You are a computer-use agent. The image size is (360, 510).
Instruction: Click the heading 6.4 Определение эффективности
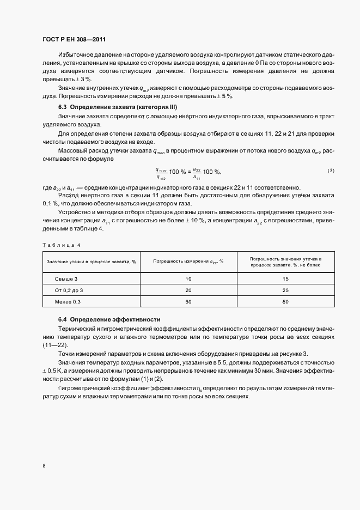coord(109,319)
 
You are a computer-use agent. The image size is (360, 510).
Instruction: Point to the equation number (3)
coord(331,171)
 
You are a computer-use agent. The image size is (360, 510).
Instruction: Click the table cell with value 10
coord(188,279)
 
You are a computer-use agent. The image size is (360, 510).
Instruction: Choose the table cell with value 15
coord(285,279)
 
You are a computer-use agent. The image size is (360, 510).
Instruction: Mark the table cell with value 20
coord(188,290)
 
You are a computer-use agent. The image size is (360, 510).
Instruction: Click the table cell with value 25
coord(285,290)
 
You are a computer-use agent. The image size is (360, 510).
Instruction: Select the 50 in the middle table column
coord(188,301)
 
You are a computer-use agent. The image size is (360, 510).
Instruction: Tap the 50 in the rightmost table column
coord(285,301)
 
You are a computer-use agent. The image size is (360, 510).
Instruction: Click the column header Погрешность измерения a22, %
coord(188,262)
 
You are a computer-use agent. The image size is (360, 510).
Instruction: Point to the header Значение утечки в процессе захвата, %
coord(91,262)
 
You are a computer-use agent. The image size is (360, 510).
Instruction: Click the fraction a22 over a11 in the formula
coord(197,174)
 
